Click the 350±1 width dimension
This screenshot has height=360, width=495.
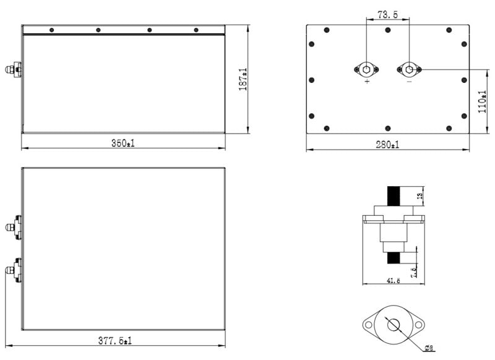pos(123,143)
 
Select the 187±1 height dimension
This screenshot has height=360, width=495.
pos(243,80)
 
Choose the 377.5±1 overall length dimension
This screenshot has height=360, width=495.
pos(116,340)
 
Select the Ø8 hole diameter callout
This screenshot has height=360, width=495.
pos(429,348)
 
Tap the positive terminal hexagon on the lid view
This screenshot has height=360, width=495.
pos(367,69)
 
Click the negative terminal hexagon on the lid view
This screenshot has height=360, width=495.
pos(408,69)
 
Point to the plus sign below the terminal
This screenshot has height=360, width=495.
pos(368,81)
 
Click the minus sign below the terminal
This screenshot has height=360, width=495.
pos(408,81)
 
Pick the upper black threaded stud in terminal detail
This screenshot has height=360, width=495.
pos(393,197)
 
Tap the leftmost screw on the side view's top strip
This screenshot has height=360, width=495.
pos(51,30)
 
